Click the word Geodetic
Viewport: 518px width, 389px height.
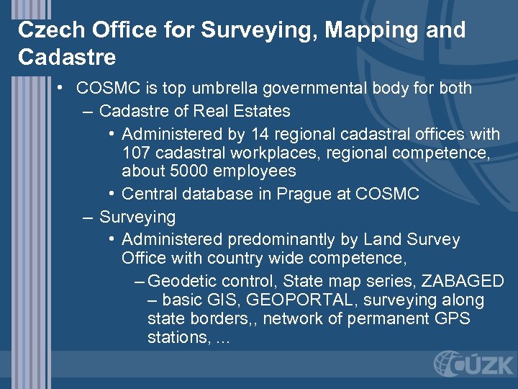pos(186,281)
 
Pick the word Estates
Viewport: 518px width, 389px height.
pos(258,111)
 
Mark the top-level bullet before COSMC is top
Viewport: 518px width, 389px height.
pos(63,89)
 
